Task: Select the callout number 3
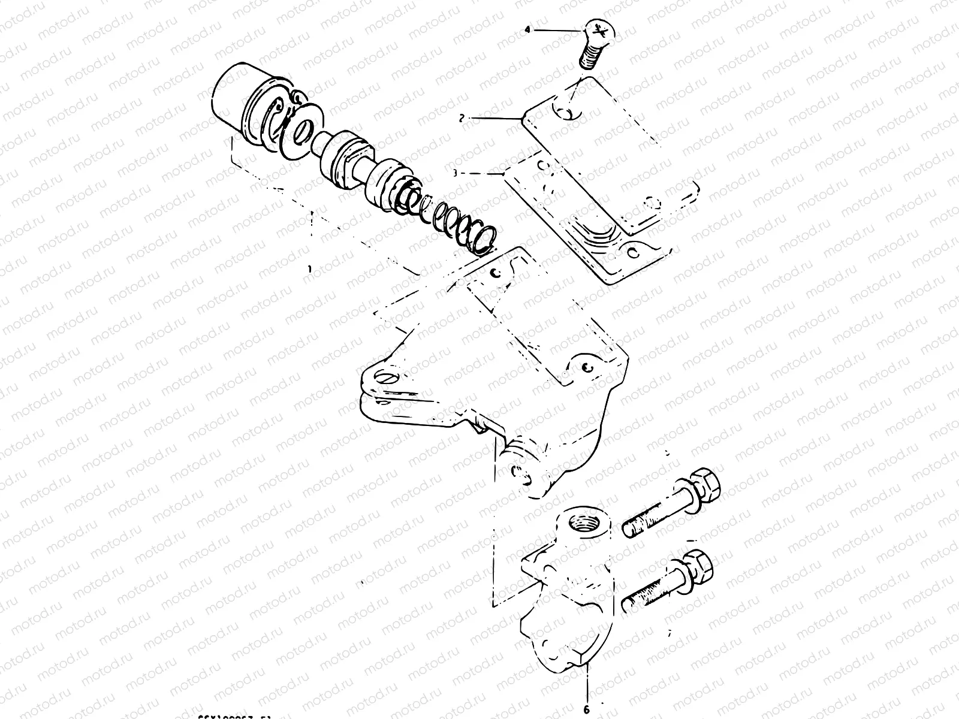pyautogui.click(x=455, y=173)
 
